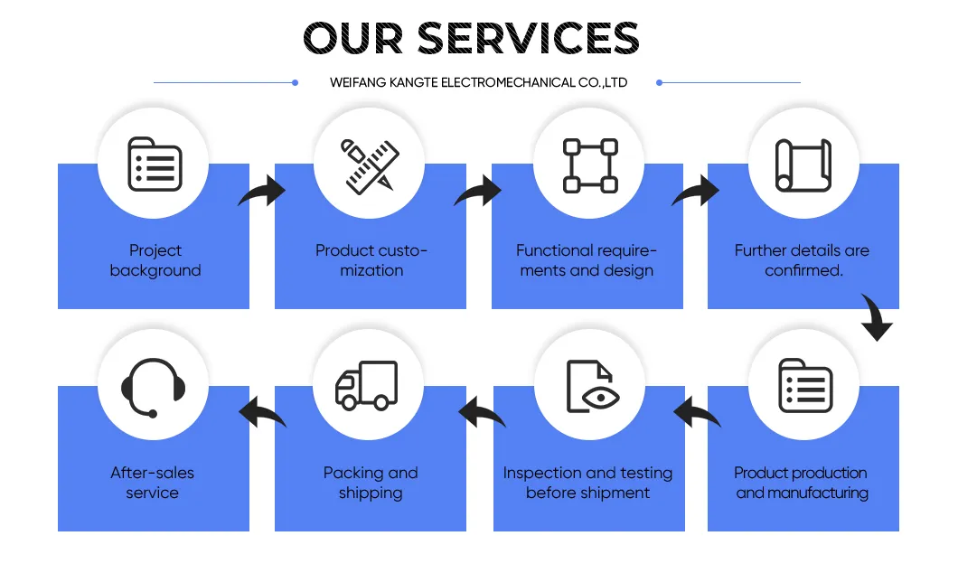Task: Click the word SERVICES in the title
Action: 529,38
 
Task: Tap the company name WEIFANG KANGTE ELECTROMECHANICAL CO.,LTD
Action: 478,82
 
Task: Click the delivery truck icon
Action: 367,385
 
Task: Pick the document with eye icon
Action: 592,386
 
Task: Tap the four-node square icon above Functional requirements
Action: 590,165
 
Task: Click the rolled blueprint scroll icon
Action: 803,165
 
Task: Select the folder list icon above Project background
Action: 155,164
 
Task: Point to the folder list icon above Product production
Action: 805,386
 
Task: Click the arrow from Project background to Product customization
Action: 264,192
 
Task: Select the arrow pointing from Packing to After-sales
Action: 260,412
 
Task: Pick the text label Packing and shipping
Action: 371,483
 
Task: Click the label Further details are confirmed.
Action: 803,260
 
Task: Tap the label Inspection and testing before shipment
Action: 587,483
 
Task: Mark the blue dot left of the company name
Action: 296,82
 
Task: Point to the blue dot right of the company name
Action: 659,82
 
